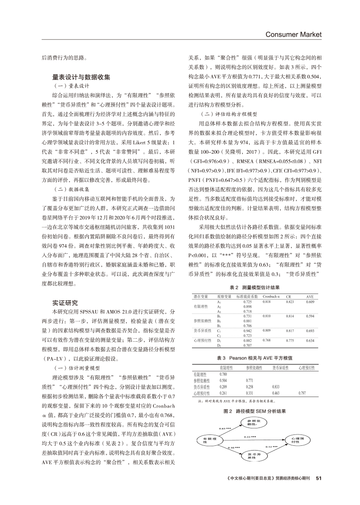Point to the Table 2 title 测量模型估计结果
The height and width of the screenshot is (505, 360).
254,288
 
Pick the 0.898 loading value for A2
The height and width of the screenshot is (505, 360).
248,306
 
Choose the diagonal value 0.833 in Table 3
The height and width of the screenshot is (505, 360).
276,386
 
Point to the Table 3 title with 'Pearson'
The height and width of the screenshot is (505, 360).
254,357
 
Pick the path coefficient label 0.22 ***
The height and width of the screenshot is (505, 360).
250,436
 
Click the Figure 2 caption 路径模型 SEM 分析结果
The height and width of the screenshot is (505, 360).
254,410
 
